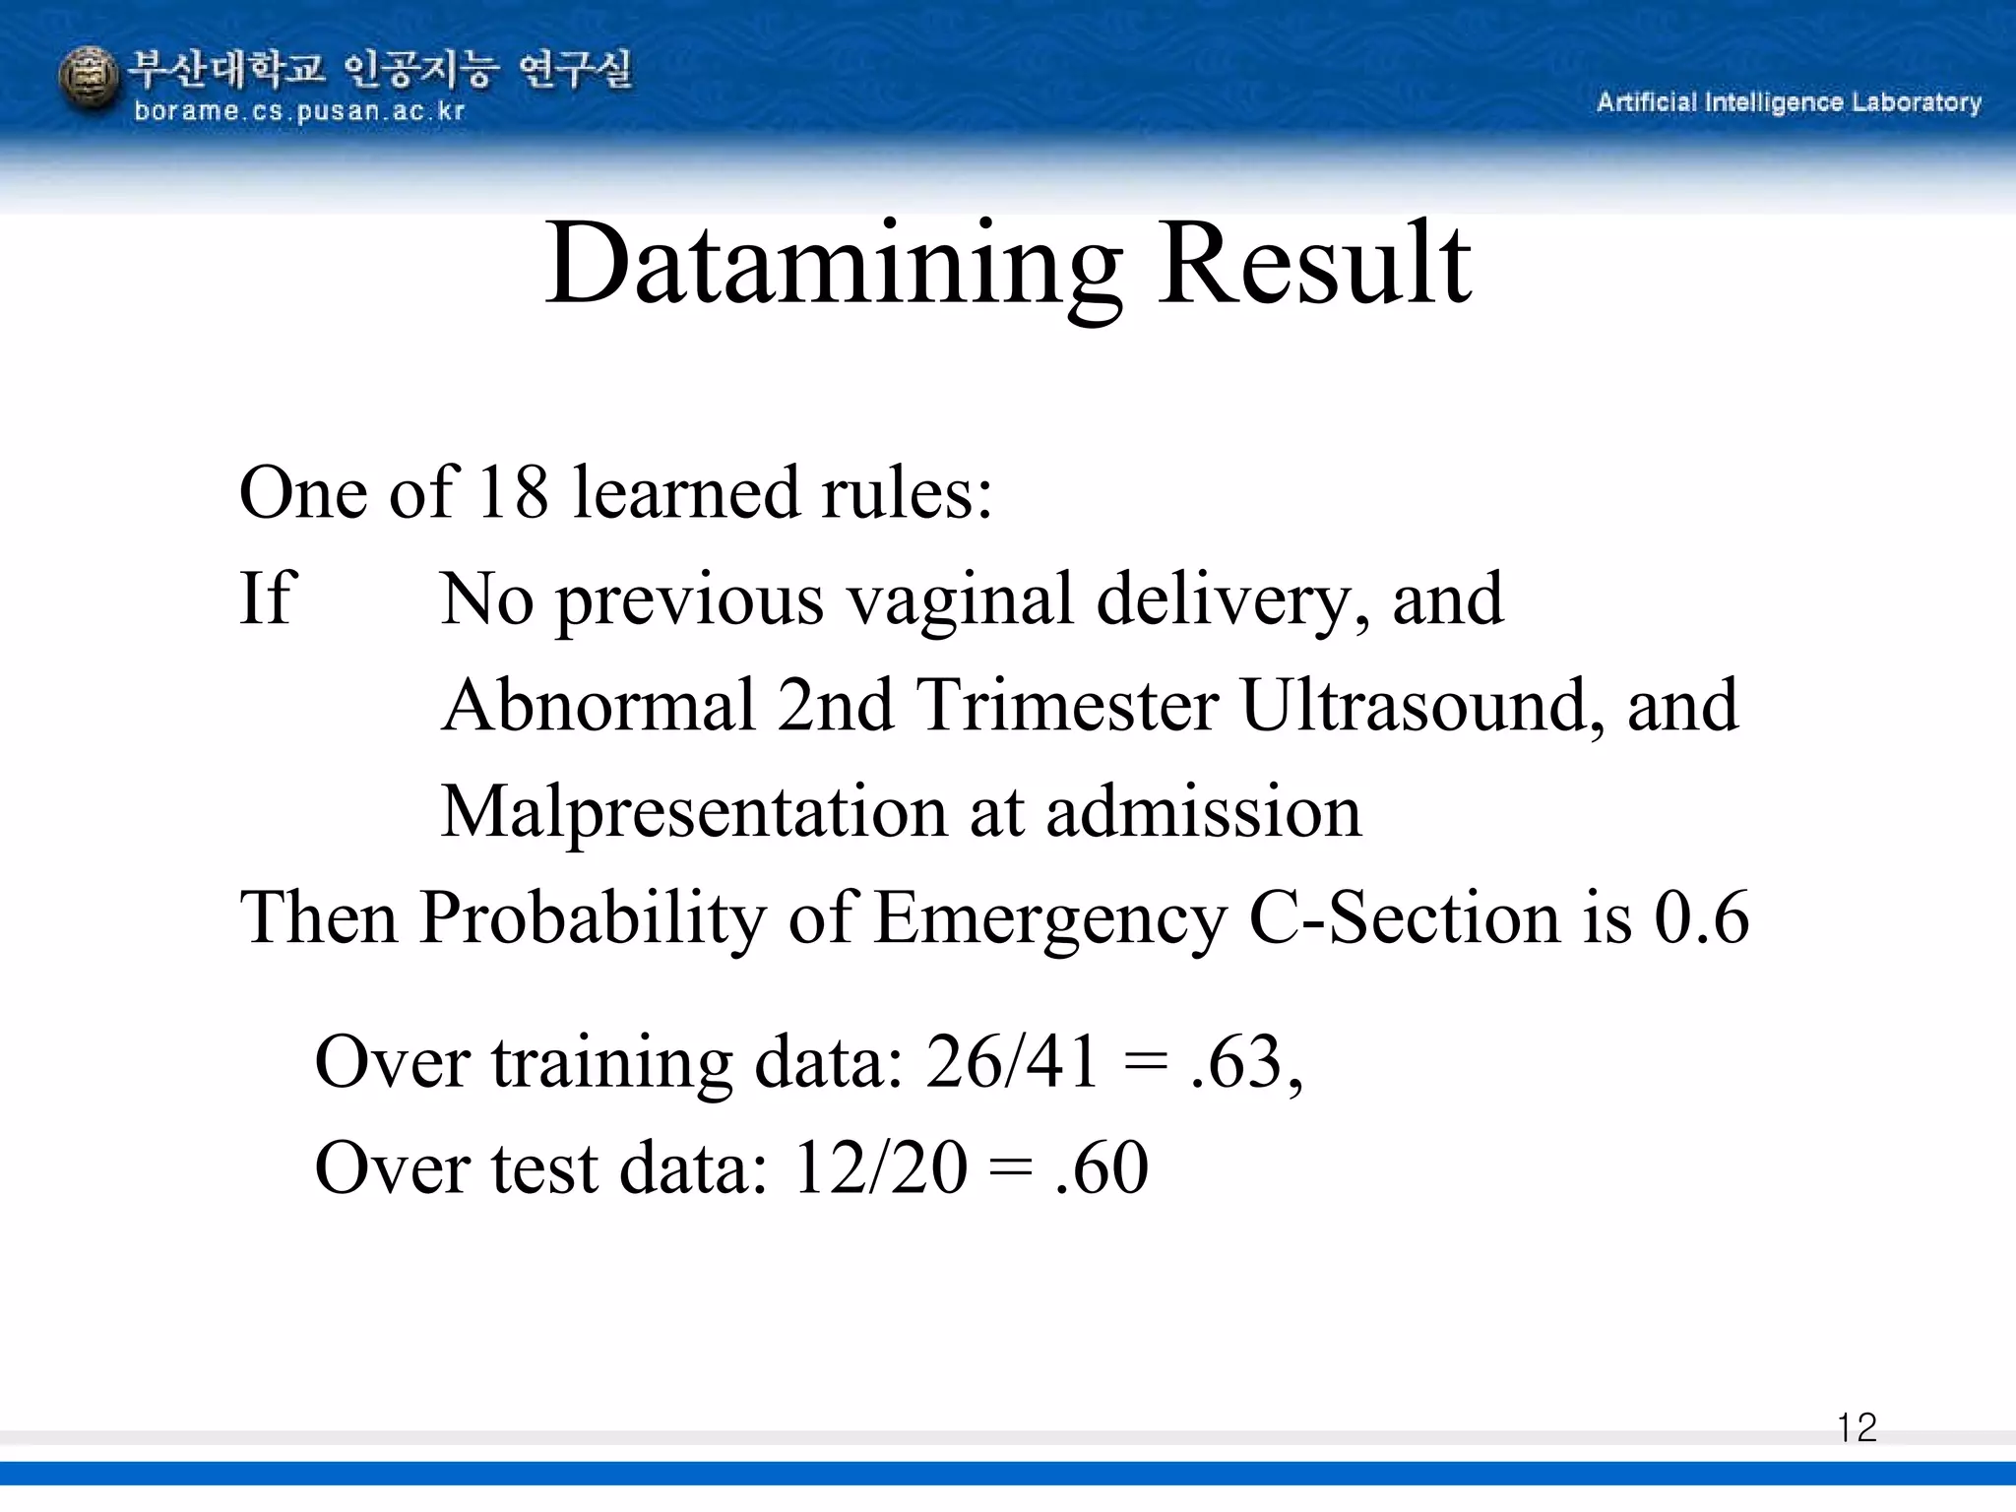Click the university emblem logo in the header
click(x=89, y=81)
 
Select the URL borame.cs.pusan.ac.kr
click(x=298, y=111)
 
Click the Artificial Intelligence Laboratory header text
click(x=1789, y=102)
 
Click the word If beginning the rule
click(x=266, y=598)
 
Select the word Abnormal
click(x=598, y=706)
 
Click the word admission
click(x=1203, y=813)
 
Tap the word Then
click(x=318, y=918)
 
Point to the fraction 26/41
click(x=1012, y=1063)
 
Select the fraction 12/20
click(x=879, y=1168)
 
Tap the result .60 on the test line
click(x=1100, y=1168)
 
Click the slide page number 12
click(x=1857, y=1428)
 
